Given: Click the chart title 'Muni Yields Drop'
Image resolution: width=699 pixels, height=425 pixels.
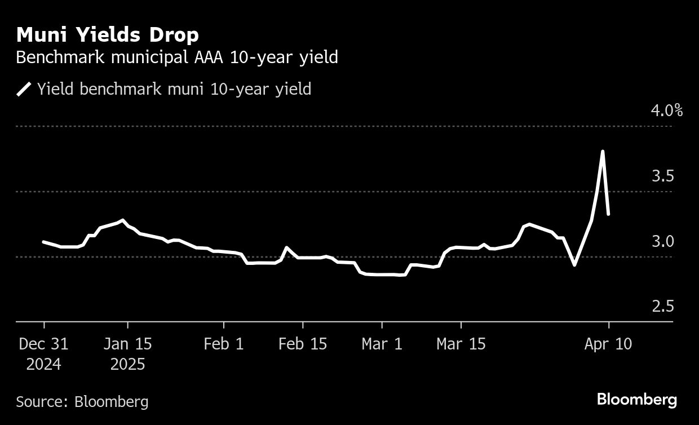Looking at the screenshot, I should [x=108, y=35].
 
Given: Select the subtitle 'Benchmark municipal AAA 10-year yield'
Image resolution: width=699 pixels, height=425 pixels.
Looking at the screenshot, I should [x=177, y=57].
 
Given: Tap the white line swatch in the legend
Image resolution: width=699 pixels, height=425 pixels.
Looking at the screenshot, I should [x=24, y=89].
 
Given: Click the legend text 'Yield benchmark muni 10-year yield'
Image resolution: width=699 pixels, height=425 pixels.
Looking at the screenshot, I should [x=174, y=89].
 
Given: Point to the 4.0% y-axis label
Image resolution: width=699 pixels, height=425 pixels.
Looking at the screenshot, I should [x=667, y=110].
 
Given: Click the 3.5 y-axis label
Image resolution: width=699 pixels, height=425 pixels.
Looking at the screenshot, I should [x=663, y=176].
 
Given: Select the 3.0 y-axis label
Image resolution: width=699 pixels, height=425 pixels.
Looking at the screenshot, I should [x=663, y=241].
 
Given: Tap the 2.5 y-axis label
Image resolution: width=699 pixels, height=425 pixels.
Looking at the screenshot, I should [x=663, y=307].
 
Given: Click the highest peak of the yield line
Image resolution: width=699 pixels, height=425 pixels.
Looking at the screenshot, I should [x=603, y=151].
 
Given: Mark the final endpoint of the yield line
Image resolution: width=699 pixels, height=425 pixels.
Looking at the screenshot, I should [x=608, y=214].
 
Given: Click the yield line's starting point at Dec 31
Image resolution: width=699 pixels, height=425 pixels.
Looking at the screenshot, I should [x=44, y=242].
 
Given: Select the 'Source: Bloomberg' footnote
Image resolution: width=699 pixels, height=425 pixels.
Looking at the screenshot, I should [x=82, y=401].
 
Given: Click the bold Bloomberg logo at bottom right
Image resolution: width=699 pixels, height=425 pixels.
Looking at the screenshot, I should [x=636, y=400].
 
